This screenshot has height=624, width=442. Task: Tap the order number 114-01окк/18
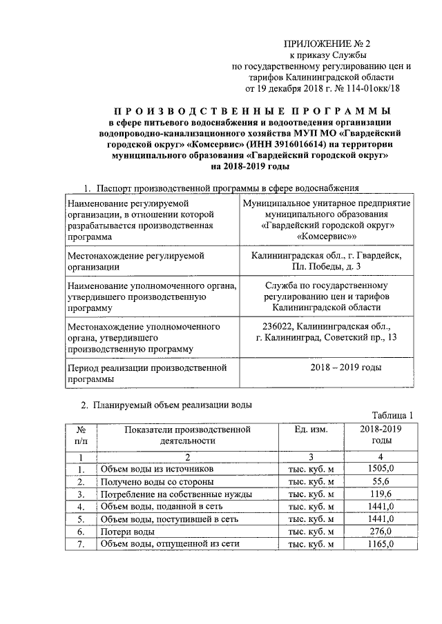(x=370, y=88)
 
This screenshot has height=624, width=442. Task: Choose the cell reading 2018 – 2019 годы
(x=346, y=368)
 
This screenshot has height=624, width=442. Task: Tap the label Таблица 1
(x=392, y=415)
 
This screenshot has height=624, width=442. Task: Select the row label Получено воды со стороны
(x=157, y=481)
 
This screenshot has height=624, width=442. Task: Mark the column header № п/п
(x=81, y=434)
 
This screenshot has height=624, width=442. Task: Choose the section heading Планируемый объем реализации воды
(x=173, y=405)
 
